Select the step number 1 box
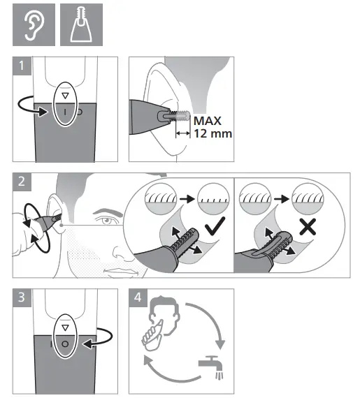click(x=24, y=68)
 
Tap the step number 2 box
click(x=24, y=183)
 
